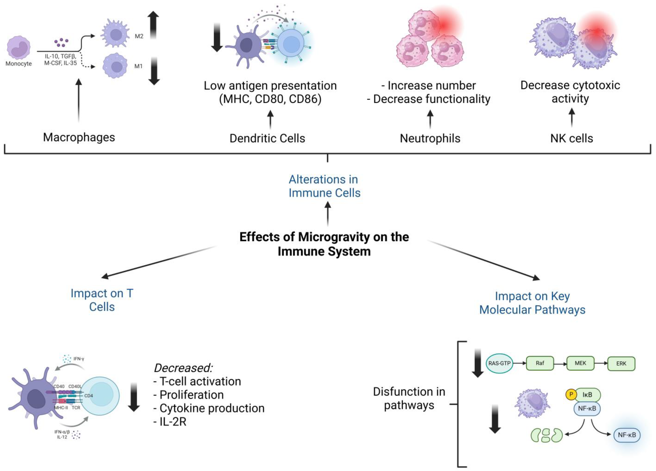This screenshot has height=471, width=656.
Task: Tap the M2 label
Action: click(139, 36)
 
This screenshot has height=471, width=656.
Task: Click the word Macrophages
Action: click(79, 137)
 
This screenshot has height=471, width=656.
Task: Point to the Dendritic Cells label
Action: click(267, 138)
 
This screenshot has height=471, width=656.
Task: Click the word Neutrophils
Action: click(430, 138)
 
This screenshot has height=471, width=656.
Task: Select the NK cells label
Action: click(571, 138)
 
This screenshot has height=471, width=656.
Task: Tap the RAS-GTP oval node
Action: click(499, 363)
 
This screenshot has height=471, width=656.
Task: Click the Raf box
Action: click(540, 363)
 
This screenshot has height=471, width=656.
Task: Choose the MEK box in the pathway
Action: click(580, 363)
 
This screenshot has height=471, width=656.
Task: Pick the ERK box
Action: click(621, 363)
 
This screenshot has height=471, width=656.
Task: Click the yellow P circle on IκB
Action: click(571, 394)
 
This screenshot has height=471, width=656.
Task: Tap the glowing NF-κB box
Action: click(627, 435)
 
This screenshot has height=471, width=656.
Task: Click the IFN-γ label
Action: click(79, 359)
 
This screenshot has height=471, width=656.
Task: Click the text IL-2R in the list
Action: click(173, 422)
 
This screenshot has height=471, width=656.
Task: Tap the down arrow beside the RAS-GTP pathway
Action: click(478, 363)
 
